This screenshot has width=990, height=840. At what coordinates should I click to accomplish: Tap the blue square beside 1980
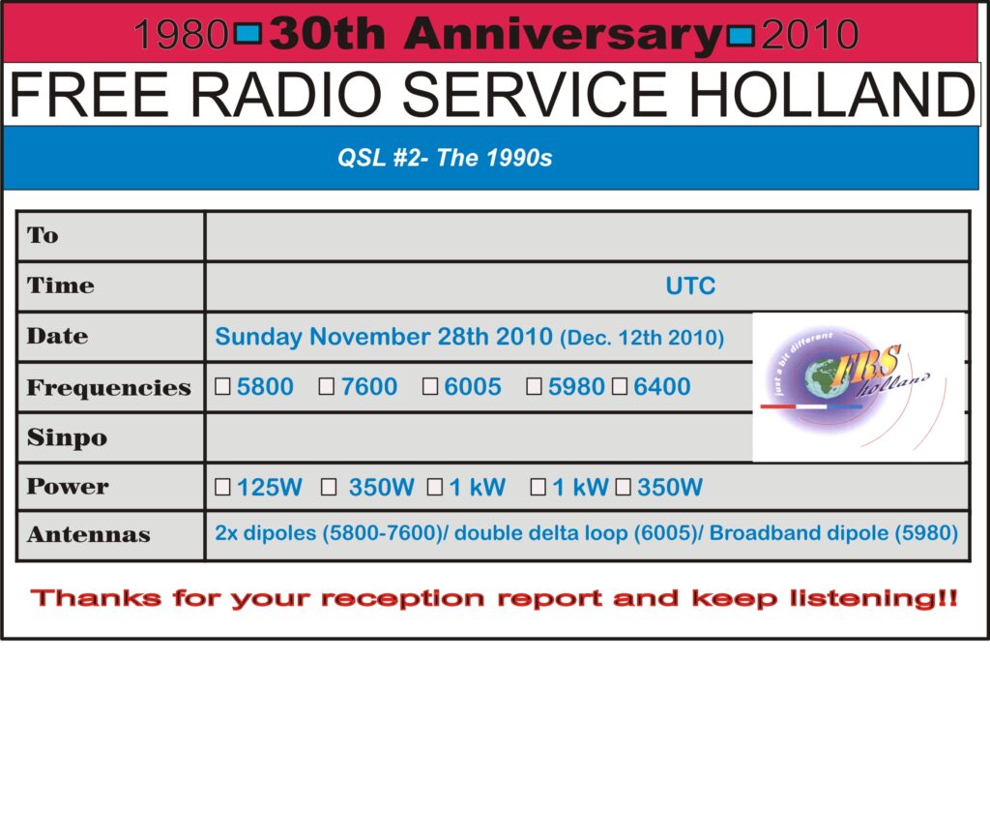tap(248, 35)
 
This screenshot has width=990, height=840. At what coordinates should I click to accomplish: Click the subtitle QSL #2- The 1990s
tap(445, 158)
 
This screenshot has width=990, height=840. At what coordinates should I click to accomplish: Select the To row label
tap(43, 235)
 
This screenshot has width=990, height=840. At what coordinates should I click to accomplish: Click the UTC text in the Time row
tap(690, 285)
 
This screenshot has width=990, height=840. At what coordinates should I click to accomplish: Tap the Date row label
tap(57, 337)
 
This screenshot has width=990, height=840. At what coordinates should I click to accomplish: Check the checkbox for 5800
tap(222, 387)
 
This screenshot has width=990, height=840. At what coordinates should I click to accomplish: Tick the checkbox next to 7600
tap(327, 387)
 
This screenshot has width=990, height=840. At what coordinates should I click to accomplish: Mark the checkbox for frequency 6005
tap(430, 387)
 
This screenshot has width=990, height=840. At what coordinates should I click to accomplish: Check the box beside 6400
tap(620, 387)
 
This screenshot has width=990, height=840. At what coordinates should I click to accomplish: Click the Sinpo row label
tap(67, 437)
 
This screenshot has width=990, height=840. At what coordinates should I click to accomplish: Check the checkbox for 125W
tap(222, 487)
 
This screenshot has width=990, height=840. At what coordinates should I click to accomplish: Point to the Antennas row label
tap(88, 535)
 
